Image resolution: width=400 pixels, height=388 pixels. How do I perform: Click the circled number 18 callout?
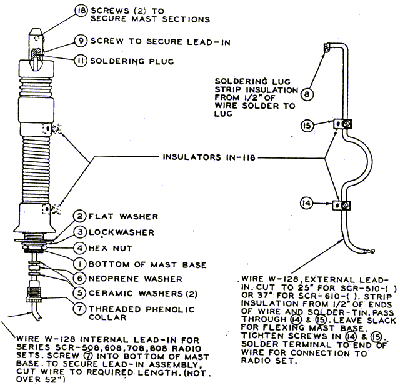click(81, 11)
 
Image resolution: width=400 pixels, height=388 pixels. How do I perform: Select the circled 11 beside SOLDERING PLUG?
click(81, 61)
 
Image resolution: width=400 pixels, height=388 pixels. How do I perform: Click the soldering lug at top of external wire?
click(326, 47)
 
